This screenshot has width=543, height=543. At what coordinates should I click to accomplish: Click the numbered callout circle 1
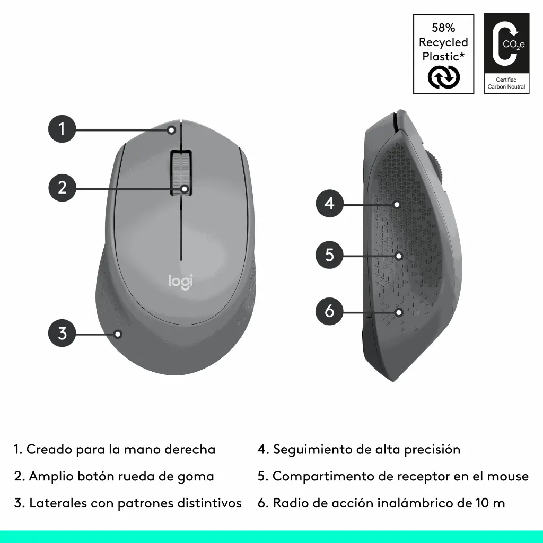tap(62, 129)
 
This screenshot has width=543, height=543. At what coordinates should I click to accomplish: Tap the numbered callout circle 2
tap(62, 187)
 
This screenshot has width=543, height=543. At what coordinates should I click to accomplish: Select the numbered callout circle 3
tap(62, 334)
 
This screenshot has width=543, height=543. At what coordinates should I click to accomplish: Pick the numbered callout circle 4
tap(330, 203)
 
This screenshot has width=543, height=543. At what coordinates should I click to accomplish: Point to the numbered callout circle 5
tap(330, 255)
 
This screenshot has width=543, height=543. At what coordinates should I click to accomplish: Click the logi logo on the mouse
tap(181, 281)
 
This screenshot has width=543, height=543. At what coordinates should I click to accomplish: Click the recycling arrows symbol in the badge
tap(443, 77)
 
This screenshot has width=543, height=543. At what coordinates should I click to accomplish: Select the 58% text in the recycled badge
tap(443, 28)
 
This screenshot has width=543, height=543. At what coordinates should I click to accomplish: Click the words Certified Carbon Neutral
tap(506, 83)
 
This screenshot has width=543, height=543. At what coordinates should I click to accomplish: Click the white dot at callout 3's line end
tap(118, 334)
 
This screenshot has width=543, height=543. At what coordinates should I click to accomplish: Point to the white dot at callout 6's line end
tap(399, 312)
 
